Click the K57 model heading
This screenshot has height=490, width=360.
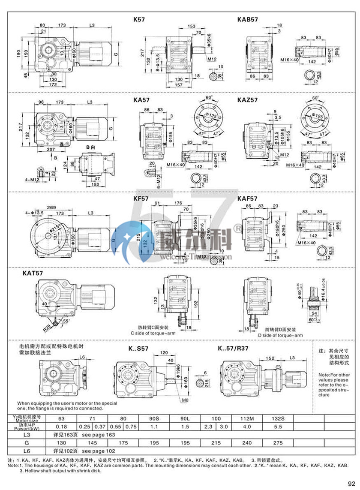pyautogui.click(x=139, y=19)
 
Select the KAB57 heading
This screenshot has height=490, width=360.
pyautogui.click(x=247, y=19)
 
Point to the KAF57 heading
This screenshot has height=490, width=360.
pyautogui.click(x=247, y=199)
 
